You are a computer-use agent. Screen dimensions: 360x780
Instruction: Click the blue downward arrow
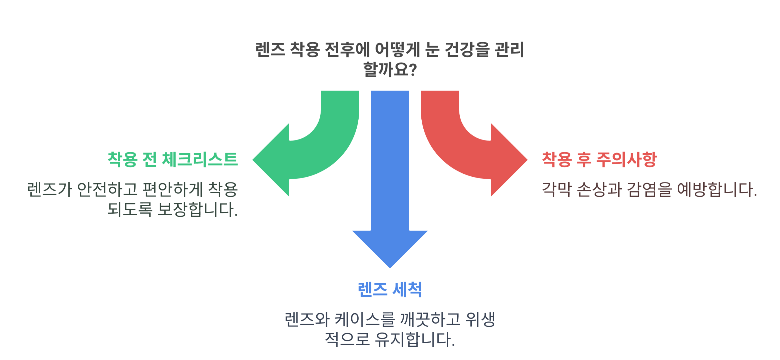point(390,182)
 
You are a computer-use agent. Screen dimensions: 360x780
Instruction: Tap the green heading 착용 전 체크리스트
point(172,159)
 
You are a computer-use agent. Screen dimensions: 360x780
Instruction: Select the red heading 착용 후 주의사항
point(599,159)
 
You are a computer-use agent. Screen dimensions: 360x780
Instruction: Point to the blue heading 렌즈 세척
point(390,289)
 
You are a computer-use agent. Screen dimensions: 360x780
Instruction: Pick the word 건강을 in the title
point(467,49)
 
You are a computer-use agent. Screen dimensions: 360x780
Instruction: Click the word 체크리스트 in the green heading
point(200,159)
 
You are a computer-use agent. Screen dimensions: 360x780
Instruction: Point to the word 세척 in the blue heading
point(407,289)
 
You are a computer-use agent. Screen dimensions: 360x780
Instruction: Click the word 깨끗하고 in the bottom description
point(430,320)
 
